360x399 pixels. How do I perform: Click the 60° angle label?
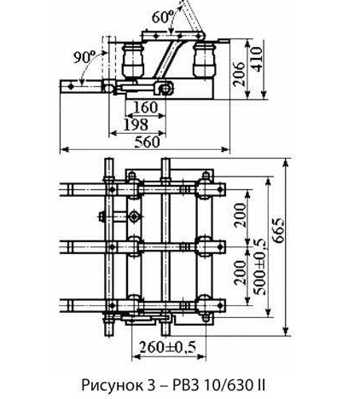[x=161, y=17]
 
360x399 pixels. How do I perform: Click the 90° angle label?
[x=84, y=57]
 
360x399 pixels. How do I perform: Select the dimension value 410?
[x=256, y=59]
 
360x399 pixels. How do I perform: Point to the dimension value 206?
[x=239, y=74]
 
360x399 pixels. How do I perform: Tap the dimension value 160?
[x=145, y=107]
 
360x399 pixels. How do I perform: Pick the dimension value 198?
[x=136, y=124]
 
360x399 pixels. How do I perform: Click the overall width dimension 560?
[x=147, y=142]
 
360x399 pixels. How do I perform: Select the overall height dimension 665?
[x=278, y=230]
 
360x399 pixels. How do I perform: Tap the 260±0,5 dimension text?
[x=167, y=347]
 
